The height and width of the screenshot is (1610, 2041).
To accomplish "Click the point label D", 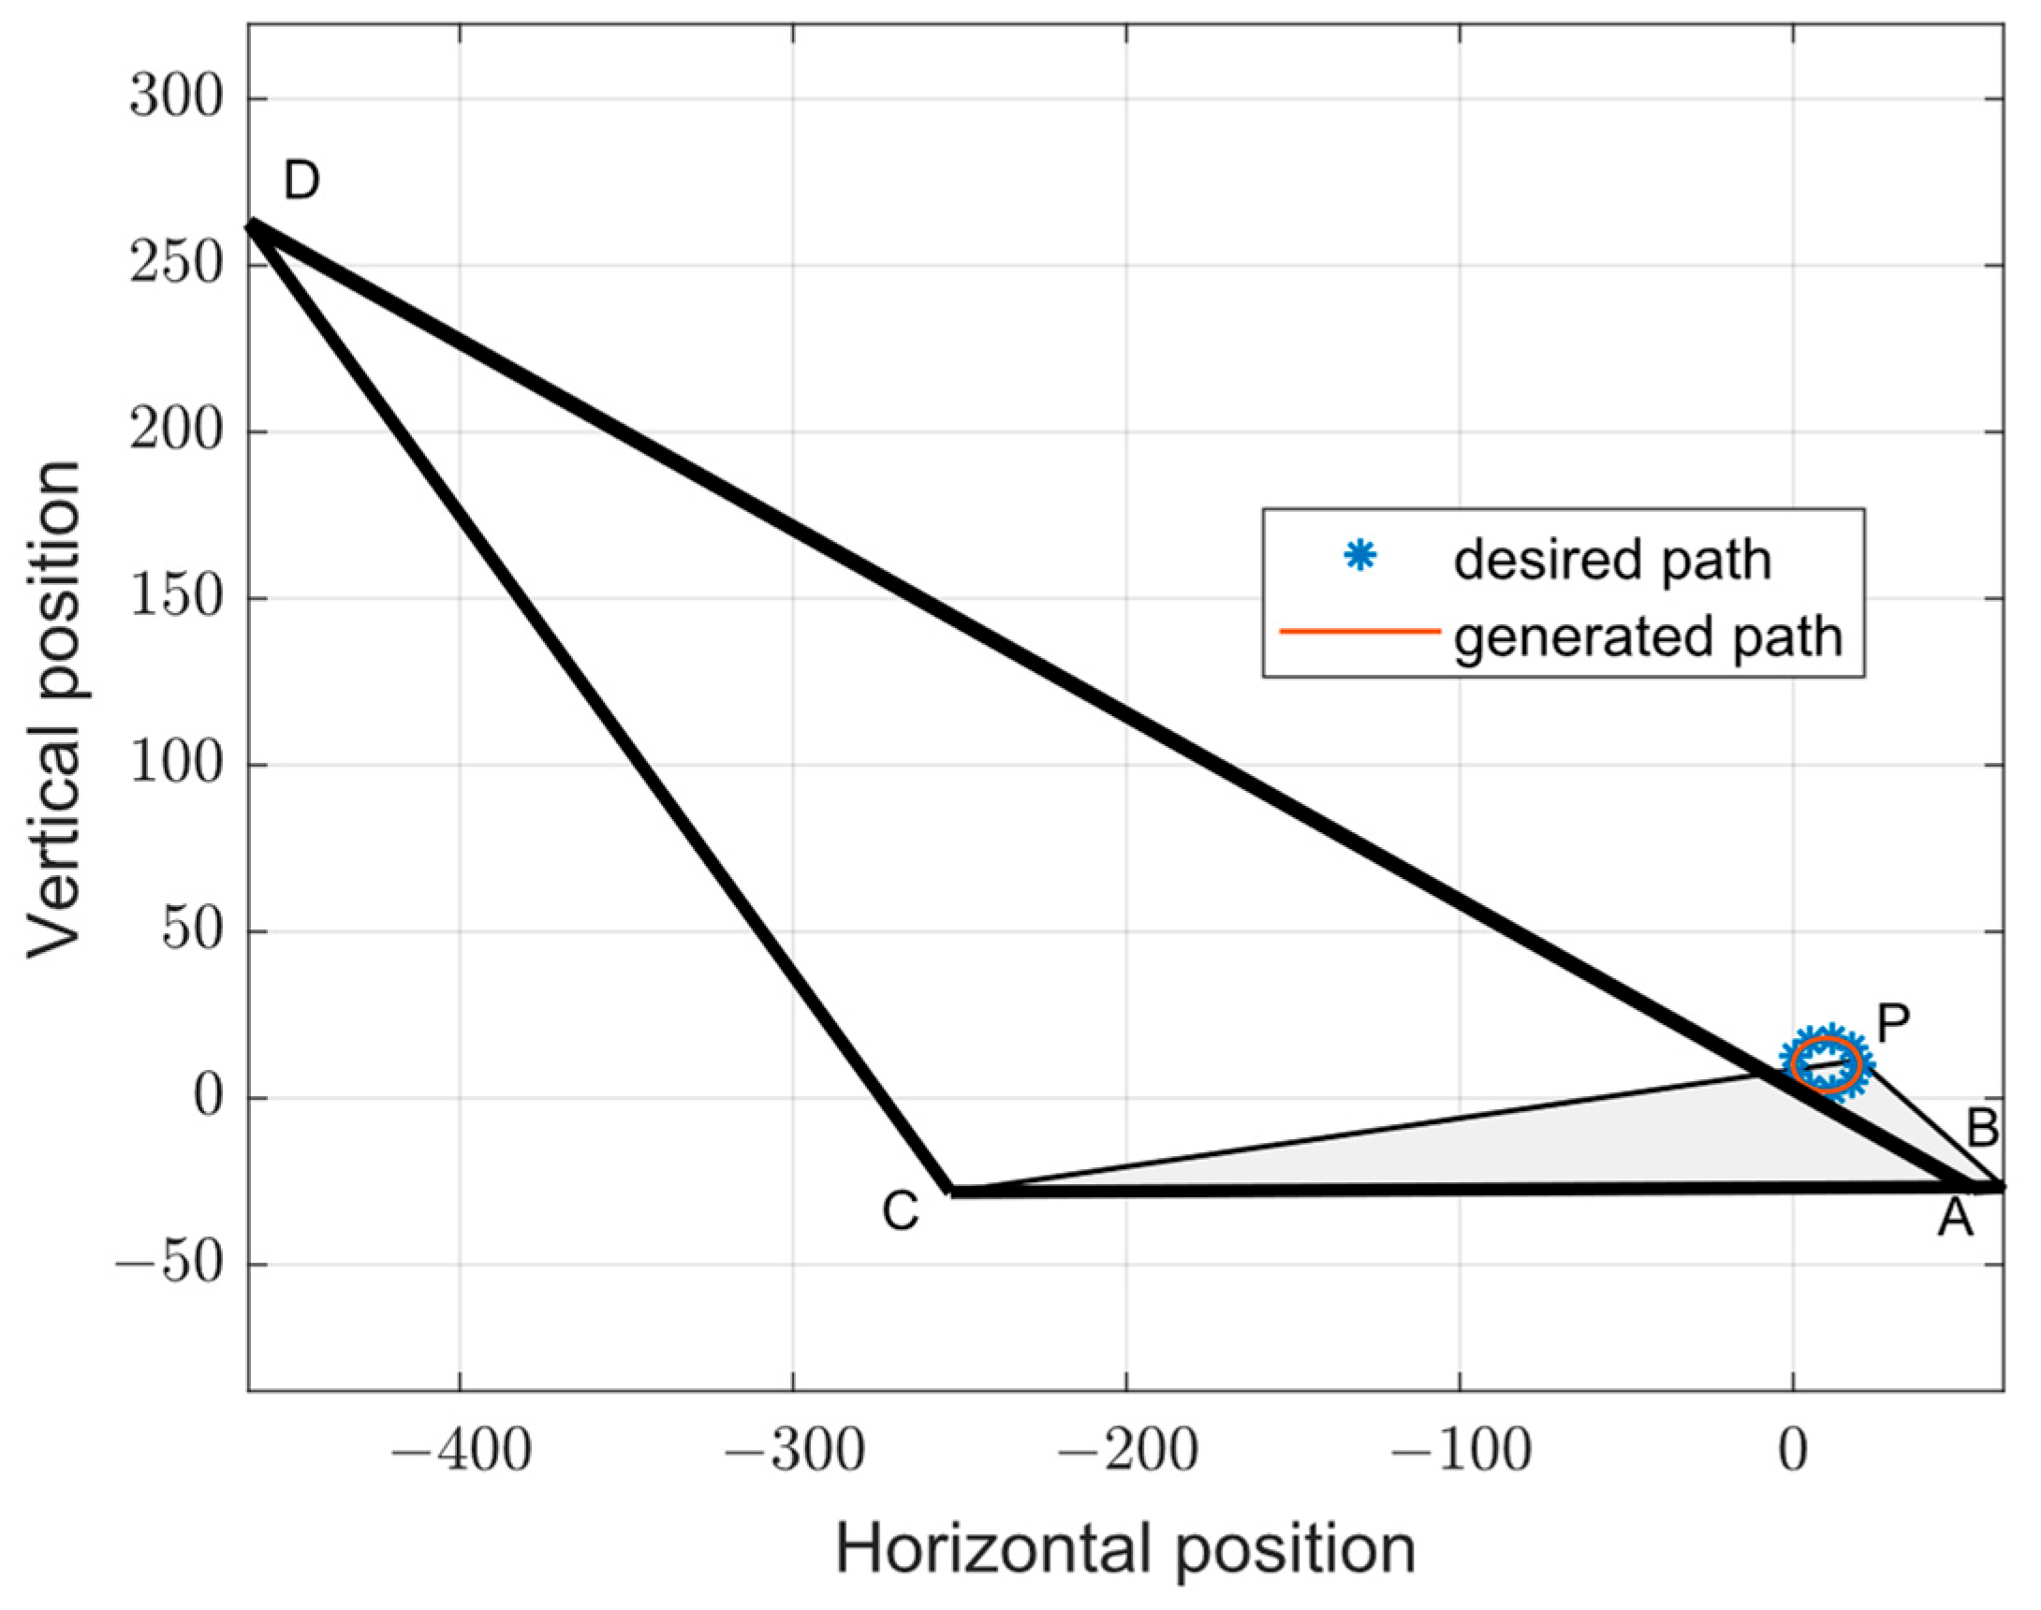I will [301, 180].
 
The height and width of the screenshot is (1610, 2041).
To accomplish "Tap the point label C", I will [901, 1211].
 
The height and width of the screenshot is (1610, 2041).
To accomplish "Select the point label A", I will [1955, 1218].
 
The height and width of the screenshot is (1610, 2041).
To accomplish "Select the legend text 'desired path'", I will [1612, 560].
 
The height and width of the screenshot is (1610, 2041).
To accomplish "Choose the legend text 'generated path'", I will [1648, 637].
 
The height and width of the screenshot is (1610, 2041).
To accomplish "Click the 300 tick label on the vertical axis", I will [176, 98].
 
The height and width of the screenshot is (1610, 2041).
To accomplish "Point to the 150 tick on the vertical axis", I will [176, 597].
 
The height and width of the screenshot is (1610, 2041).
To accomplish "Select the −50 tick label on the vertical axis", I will [169, 1264].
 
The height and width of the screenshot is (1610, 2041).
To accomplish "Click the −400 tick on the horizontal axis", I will [460, 1453].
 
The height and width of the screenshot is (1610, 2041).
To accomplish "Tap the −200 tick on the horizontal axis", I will [1126, 1453].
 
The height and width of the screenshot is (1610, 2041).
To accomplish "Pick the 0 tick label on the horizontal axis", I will [1792, 1453].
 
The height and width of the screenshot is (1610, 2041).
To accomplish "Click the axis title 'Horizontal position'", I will [1125, 1551].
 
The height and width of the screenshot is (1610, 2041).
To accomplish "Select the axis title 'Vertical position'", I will [54, 709].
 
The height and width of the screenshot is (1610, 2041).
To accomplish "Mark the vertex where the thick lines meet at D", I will [252, 226].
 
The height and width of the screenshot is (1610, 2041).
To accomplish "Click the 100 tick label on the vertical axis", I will [176, 765].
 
